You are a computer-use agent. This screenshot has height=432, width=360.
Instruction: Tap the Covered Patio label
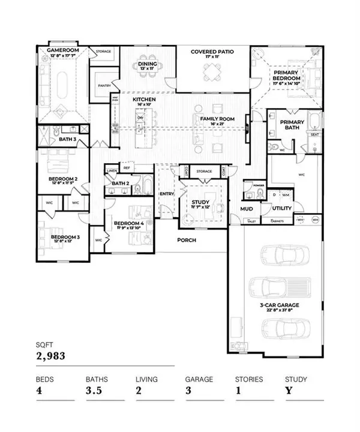[x=212, y=52]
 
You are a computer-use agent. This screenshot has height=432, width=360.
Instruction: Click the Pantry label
[x=104, y=86]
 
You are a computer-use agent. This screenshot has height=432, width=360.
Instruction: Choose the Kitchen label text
[x=144, y=99]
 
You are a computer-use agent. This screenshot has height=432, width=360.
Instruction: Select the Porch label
[x=185, y=240]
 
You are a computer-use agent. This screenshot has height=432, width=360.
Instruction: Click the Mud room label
[x=246, y=209]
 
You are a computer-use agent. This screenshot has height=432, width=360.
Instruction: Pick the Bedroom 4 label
[x=130, y=224]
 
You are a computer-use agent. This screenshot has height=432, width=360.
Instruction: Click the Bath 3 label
[x=67, y=139]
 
